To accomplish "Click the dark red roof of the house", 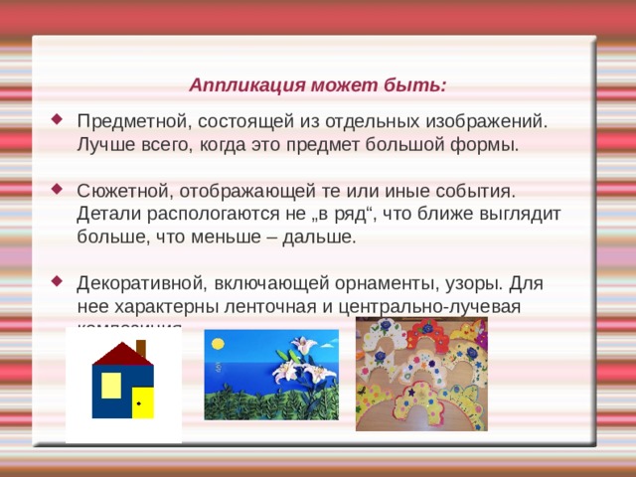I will [117, 354].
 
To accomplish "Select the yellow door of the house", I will [142, 401].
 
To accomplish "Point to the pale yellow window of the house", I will [111, 385].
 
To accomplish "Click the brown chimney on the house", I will [140, 348].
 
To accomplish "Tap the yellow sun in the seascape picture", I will [216, 344].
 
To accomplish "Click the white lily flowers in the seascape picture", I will [294, 368].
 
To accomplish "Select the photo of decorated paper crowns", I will [421, 375].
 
